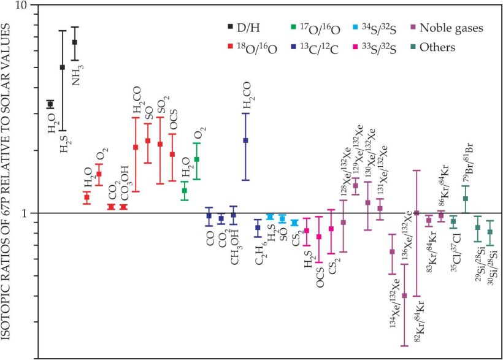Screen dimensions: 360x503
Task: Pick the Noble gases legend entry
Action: [x=455, y=27]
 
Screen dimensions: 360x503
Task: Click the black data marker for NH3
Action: [x=75, y=42]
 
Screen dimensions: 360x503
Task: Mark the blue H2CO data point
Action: [x=245, y=140]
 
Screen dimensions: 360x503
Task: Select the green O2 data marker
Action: [x=197, y=159]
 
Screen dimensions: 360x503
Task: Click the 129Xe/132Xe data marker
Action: [x=356, y=186]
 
